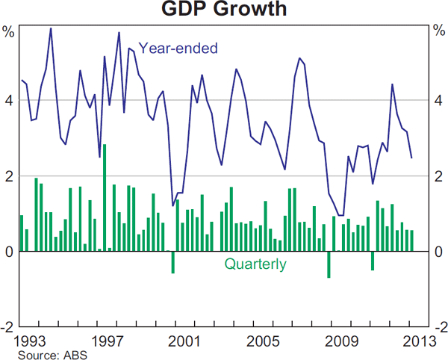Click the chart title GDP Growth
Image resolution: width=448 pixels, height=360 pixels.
(x=223, y=10)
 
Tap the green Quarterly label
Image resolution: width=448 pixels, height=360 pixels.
(x=255, y=264)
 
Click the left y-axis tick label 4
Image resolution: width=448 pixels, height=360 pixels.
(x=10, y=100)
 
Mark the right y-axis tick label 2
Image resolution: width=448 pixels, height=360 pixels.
(x=438, y=176)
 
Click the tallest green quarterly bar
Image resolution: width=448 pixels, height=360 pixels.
(x=105, y=198)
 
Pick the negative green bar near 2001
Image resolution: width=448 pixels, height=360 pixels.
(x=172, y=262)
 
